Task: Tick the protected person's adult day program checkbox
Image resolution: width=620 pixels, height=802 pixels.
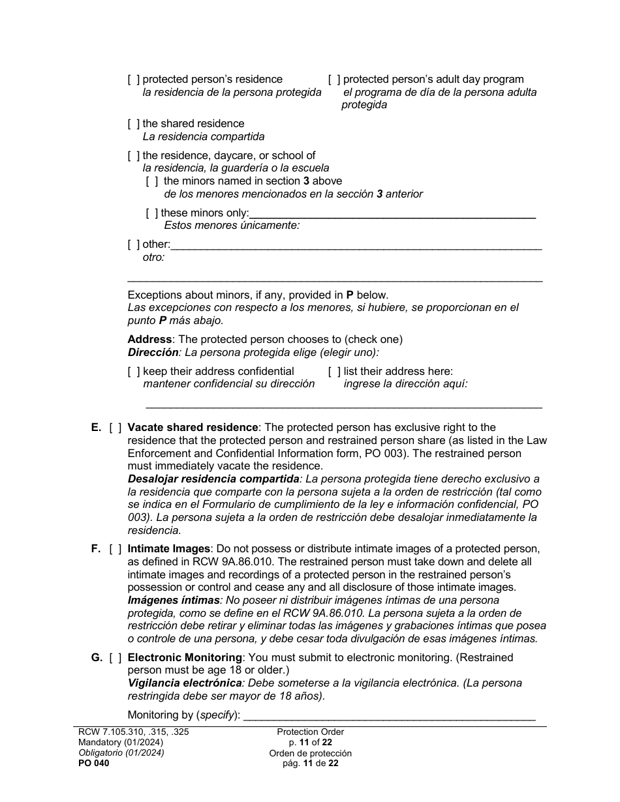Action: (334, 80)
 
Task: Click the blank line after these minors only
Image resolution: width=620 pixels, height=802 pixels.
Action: (392, 213)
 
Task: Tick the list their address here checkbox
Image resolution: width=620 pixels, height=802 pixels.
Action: (334, 372)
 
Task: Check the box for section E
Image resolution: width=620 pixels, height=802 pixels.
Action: (115, 428)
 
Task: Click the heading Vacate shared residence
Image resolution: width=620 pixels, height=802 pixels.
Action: (193, 428)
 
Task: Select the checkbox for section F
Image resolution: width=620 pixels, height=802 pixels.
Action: (115, 549)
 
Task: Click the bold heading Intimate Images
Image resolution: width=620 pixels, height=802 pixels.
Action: (168, 549)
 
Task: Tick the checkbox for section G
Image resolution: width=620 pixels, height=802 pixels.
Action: (115, 658)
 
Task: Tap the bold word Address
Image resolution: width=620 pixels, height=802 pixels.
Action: (149, 340)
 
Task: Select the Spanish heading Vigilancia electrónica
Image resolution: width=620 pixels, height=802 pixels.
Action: (184, 683)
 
